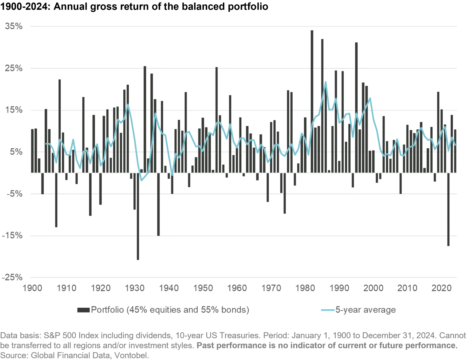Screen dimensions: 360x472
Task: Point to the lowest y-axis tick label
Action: point(13,277)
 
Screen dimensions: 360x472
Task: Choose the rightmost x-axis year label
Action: point(441,288)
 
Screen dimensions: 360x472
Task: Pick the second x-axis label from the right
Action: point(407,288)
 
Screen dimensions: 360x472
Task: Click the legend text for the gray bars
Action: point(170,311)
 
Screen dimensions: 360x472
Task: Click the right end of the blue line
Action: point(455,145)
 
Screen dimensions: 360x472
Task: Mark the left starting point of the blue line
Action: point(46,144)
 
